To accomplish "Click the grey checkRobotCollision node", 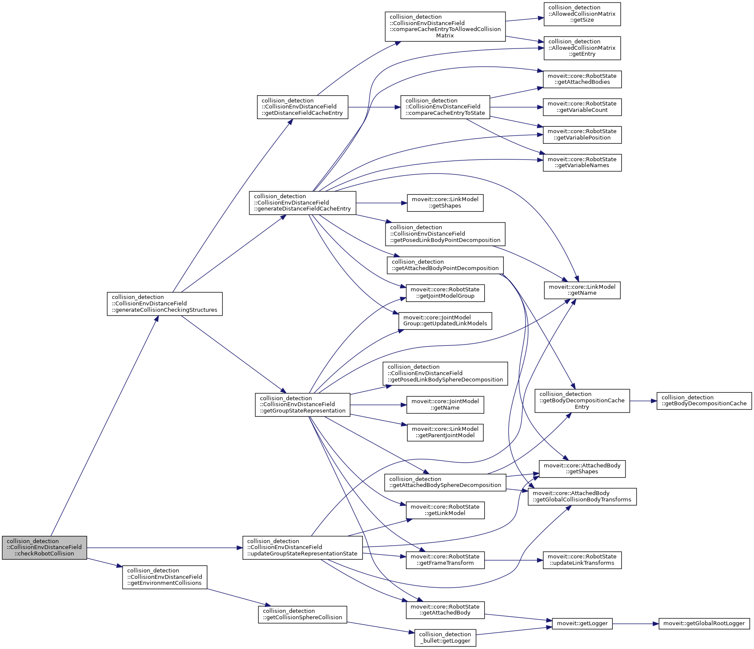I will pyautogui.click(x=44, y=547).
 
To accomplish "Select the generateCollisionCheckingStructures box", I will pyautogui.click(x=165, y=304).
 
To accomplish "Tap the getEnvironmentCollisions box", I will pyautogui.click(x=165, y=577).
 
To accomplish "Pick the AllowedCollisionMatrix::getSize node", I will pyautogui.click(x=582, y=14).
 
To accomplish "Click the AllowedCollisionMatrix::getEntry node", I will pyautogui.click(x=582, y=48).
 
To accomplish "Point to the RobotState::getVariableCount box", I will pyautogui.click(x=582, y=107).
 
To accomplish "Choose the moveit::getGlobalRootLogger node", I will pyautogui.click(x=704, y=623).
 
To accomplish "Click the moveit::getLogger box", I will pyautogui.click(x=582, y=623).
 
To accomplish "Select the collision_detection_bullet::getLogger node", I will pyautogui.click(x=445, y=638).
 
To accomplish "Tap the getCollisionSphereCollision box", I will pyautogui.click(x=302, y=614).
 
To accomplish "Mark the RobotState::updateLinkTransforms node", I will pyautogui.click(x=582, y=560).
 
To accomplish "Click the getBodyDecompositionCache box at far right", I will pyautogui.click(x=704, y=401).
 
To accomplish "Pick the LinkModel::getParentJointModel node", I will pyautogui.click(x=445, y=432).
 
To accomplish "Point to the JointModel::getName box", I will pyautogui.click(x=445, y=404).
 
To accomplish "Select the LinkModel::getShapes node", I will pyautogui.click(x=445, y=202).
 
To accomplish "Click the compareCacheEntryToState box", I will pyautogui.click(x=445, y=107).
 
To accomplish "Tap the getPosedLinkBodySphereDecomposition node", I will pyautogui.click(x=445, y=373).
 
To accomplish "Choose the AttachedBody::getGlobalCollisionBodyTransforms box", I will pyautogui.click(x=582, y=496).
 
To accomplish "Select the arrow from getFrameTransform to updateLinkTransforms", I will pyautogui.click(x=514, y=560).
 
